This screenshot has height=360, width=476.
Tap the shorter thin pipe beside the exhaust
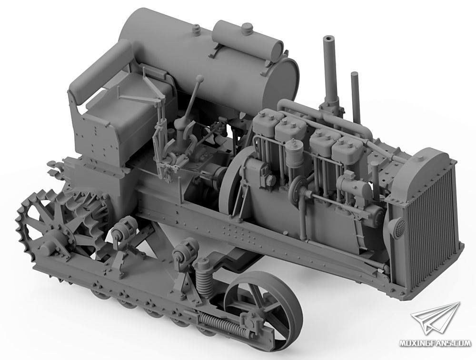coord(355,97)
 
